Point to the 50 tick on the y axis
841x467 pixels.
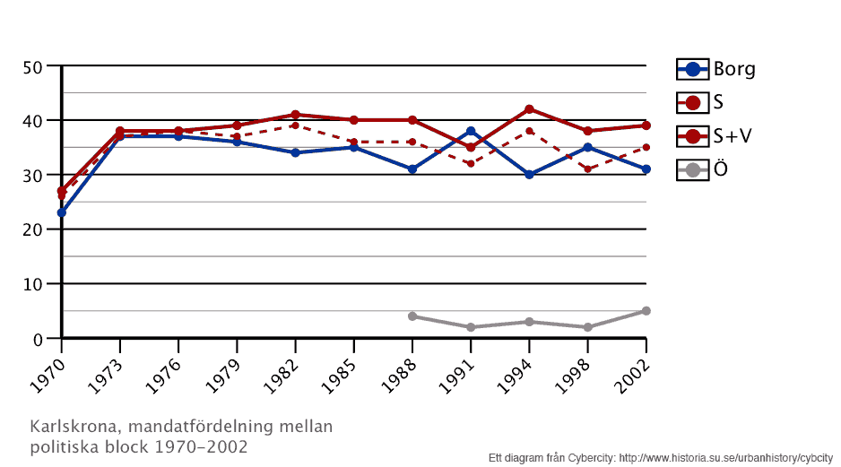coord(33,66)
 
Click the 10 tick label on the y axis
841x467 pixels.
coord(33,285)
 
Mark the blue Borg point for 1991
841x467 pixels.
coord(471,131)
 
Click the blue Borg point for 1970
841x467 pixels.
coord(61,212)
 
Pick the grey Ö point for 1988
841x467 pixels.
coord(412,316)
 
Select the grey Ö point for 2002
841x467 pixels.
coord(646,311)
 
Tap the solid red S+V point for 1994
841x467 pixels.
coord(529,109)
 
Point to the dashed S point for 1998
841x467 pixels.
coord(587,169)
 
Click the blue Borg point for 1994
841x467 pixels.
coord(529,175)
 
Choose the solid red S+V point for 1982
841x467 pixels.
coord(295,115)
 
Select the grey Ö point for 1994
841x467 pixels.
coord(529,322)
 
